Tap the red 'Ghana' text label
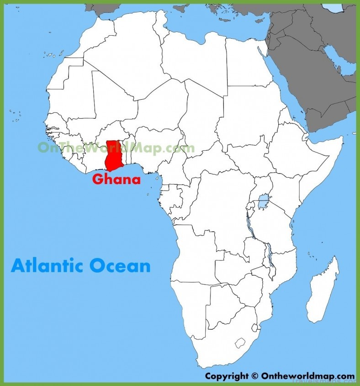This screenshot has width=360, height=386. (x=116, y=179)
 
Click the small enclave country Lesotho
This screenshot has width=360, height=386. (x=241, y=343)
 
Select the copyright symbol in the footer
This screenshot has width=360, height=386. (x=255, y=376)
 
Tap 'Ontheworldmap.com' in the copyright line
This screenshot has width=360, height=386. (x=307, y=376)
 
